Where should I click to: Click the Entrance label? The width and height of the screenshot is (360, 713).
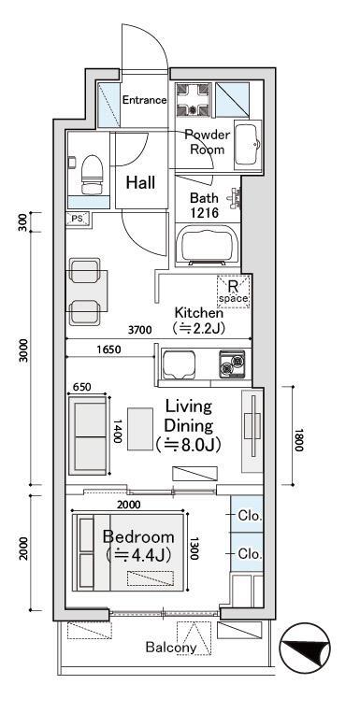tap(145, 100)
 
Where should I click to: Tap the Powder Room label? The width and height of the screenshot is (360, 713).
tap(207, 141)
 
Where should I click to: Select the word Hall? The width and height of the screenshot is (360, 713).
tap(140, 181)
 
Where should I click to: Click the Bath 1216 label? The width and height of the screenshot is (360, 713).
tap(205, 206)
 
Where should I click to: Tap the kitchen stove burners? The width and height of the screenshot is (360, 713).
tap(231, 363)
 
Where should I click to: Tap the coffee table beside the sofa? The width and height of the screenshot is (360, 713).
tap(140, 431)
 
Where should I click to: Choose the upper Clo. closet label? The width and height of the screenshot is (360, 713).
tap(249, 515)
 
